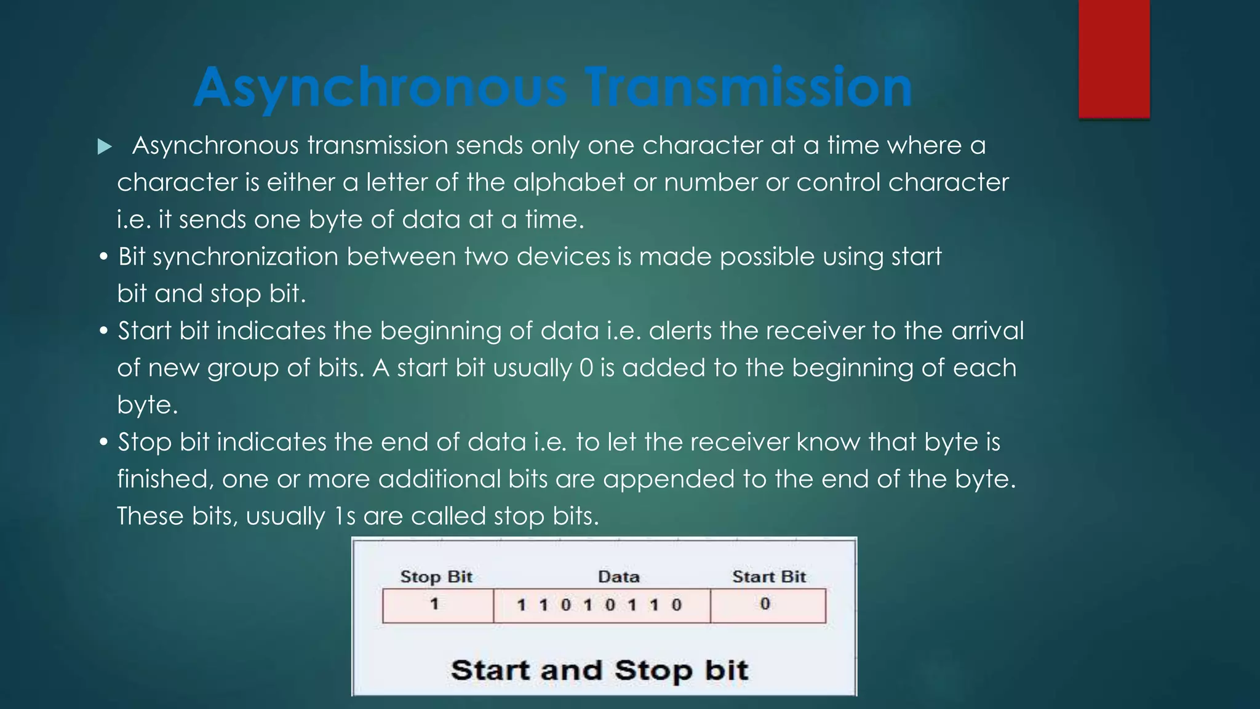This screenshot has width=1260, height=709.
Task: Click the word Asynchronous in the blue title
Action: [380, 87]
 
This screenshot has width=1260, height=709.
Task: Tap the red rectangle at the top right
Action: [1114, 58]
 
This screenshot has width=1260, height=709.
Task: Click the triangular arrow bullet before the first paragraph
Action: [105, 146]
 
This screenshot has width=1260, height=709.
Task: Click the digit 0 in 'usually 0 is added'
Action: [586, 368]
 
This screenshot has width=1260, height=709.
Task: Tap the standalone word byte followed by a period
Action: [147, 405]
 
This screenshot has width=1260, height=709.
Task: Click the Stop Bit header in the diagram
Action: [436, 577]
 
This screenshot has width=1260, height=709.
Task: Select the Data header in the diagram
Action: [619, 577]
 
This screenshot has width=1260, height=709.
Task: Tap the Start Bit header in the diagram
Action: [768, 577]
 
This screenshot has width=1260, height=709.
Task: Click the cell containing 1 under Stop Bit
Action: [437, 605]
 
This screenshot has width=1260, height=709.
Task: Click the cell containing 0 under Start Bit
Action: [767, 605]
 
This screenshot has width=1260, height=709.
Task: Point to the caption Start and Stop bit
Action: [599, 670]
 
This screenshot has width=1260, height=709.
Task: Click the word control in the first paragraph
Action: [838, 182]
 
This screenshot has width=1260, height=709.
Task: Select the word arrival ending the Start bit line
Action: [987, 330]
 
